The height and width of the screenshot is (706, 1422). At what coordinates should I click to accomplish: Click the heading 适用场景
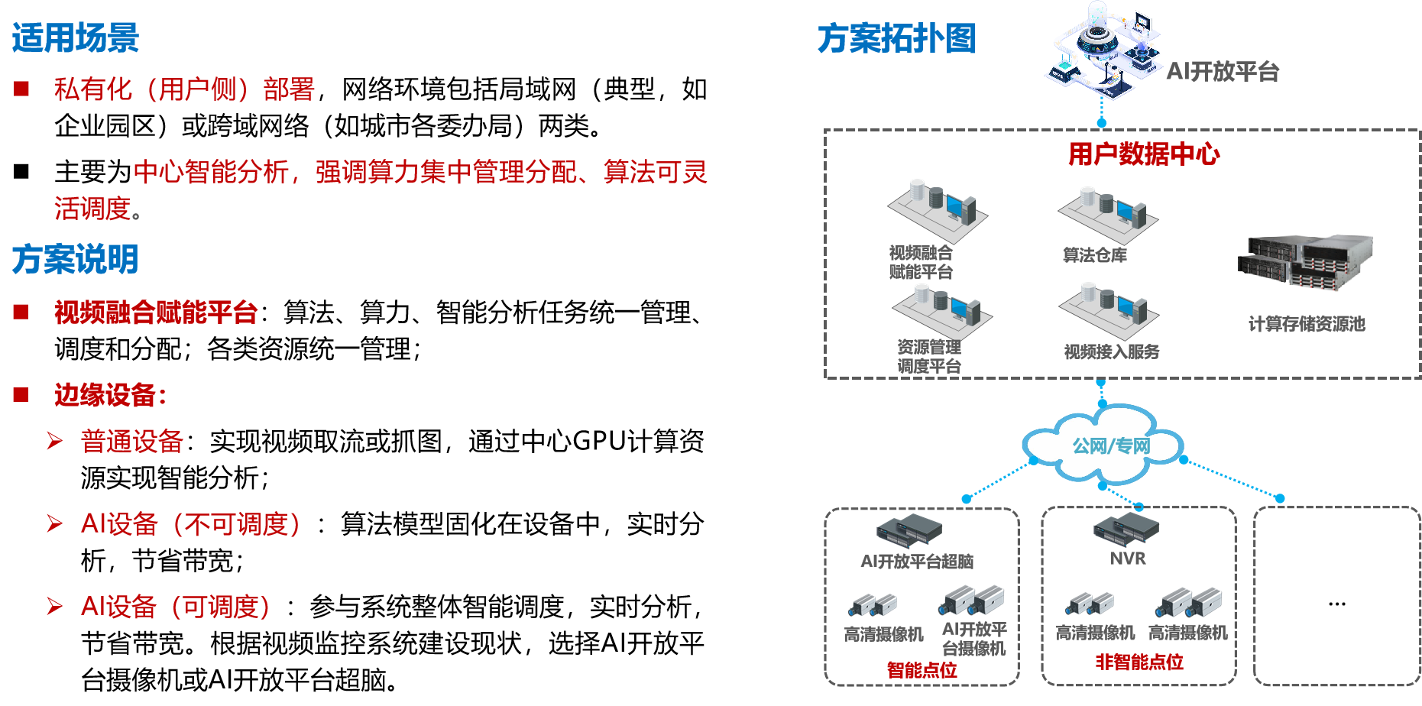point(75,38)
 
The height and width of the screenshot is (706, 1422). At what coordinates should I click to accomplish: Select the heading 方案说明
point(75,259)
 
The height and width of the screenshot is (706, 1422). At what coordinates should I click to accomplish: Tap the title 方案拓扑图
point(896,38)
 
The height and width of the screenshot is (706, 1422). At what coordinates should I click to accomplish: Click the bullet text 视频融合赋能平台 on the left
point(156,313)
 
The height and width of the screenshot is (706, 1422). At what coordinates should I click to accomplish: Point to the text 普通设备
point(131,442)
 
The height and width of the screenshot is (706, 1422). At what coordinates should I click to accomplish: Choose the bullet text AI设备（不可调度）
point(191,524)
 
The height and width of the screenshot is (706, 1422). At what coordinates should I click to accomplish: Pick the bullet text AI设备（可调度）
point(176,607)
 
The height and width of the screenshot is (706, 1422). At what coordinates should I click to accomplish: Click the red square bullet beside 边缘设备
point(21,395)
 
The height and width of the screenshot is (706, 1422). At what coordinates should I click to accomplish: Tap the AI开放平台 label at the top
point(1223,71)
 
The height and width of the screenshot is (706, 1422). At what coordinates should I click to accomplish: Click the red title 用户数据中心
point(1144,154)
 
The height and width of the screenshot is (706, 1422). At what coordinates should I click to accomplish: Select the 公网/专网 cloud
point(1105,445)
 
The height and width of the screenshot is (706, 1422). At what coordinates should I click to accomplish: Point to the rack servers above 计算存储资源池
point(1306,263)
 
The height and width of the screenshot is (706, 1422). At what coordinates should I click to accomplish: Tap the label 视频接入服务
point(1112,351)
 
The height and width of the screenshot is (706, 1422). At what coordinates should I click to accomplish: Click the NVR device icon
point(1126,526)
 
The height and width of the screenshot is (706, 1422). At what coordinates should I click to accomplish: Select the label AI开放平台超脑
point(917,562)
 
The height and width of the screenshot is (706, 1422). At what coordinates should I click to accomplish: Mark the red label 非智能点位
point(1139,662)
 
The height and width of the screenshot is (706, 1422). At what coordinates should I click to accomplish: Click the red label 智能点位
point(922,670)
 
